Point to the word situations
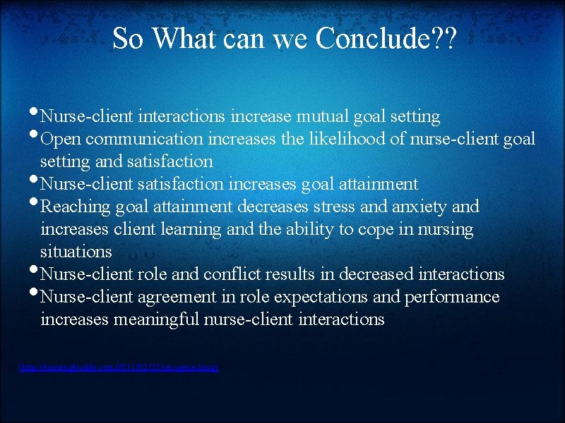(x=76, y=252)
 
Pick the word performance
(x=452, y=297)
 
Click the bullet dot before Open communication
(x=35, y=135)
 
